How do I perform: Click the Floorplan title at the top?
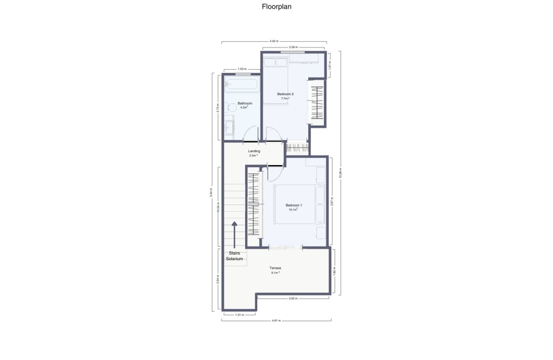tap(276, 7)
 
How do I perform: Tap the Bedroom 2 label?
tap(285, 94)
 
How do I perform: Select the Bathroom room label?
tap(245, 103)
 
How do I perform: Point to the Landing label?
tap(254, 151)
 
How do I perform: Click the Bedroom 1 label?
tap(294, 205)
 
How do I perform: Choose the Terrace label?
tap(275, 268)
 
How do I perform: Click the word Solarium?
tap(234, 259)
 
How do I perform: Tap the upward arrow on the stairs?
tap(234, 234)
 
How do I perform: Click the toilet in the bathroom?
tap(231, 107)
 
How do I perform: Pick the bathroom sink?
tap(229, 127)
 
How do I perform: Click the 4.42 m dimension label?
tap(274, 41)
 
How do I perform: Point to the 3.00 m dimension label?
tap(293, 299)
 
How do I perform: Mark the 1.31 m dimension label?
tap(239, 315)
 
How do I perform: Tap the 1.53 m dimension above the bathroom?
tap(241, 69)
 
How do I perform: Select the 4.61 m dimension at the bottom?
tap(276, 320)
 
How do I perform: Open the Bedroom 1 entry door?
tap(275, 172)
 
